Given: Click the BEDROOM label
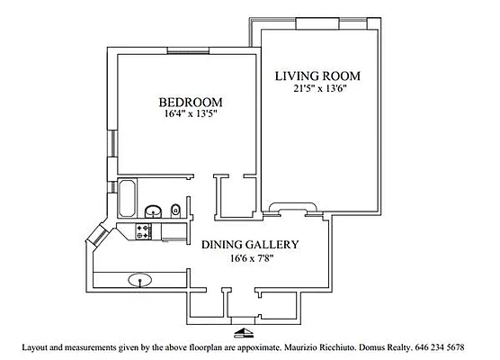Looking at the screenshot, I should pyautogui.click(x=190, y=102).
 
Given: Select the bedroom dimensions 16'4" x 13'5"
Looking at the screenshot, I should pyautogui.click(x=190, y=115).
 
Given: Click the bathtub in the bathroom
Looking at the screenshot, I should pyautogui.click(x=126, y=197).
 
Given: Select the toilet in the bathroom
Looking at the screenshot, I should pyautogui.click(x=176, y=211).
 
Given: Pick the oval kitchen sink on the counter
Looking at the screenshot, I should pyautogui.click(x=139, y=278).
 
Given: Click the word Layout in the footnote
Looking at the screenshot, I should pyautogui.click(x=35, y=346).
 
